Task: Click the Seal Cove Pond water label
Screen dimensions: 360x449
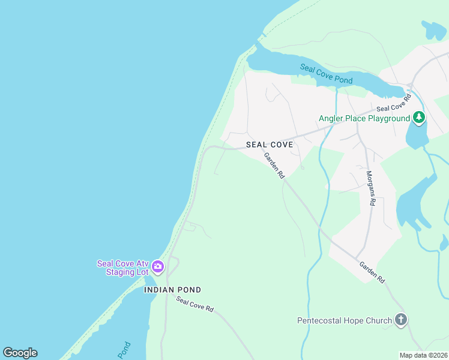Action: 326,74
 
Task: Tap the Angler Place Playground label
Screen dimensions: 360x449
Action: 364,118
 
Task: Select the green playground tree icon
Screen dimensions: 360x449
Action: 419,117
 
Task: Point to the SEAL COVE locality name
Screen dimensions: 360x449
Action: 270,145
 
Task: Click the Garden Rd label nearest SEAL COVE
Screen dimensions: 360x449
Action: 274,165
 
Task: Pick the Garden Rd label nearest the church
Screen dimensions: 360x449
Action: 372,272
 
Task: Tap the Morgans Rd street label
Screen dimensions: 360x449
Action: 370,188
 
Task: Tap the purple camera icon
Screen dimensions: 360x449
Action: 158,266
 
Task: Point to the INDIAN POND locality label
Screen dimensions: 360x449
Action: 172,290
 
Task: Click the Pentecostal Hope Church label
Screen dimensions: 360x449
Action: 345,320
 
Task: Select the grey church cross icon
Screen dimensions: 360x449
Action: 401,320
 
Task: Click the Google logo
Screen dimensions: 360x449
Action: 20,353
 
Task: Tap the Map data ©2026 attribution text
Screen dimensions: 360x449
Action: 423,355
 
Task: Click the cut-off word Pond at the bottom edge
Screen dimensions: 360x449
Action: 124,350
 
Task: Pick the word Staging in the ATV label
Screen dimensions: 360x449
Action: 121,272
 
